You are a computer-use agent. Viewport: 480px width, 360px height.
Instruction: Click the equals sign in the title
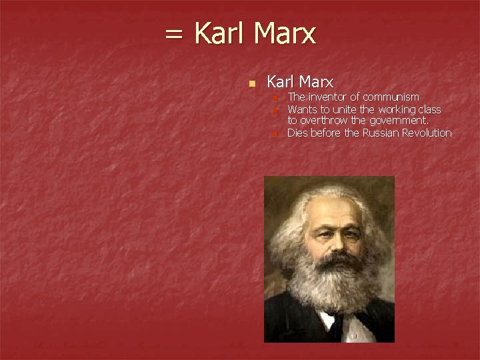[174, 34]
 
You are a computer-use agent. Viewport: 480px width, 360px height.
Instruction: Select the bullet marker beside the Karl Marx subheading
[251, 84]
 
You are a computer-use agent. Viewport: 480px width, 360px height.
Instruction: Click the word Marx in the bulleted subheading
[317, 82]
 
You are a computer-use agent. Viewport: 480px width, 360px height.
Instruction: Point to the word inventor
[327, 97]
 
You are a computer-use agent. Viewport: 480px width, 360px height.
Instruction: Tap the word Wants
[301, 109]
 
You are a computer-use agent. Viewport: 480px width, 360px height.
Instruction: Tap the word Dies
[298, 133]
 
